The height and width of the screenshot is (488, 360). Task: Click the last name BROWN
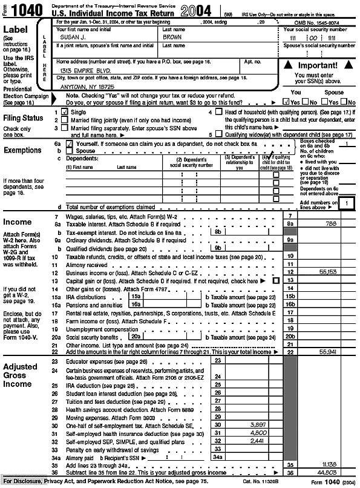[x=172, y=38]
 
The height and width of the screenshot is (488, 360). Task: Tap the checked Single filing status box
[x=64, y=113]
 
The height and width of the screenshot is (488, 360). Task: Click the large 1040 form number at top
[x=29, y=10]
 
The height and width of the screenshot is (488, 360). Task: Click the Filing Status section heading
[x=24, y=118]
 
